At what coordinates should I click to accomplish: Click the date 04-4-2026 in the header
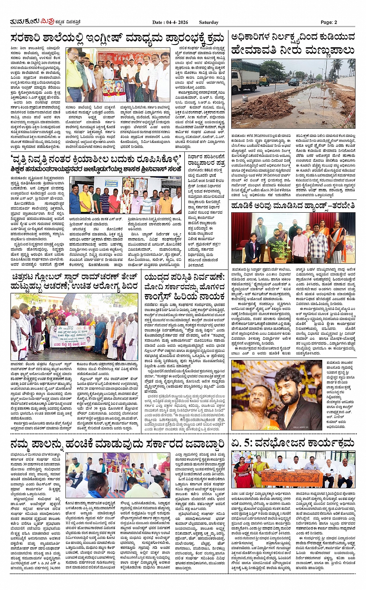point(176,22)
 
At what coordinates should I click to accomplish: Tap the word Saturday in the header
point(209,22)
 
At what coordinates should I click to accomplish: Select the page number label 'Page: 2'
point(329,22)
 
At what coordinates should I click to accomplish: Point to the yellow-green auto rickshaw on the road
point(265,81)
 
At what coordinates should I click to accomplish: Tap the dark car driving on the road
point(294,82)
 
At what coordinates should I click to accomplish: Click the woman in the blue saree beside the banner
point(100,337)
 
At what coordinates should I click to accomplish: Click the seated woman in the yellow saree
point(260,473)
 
